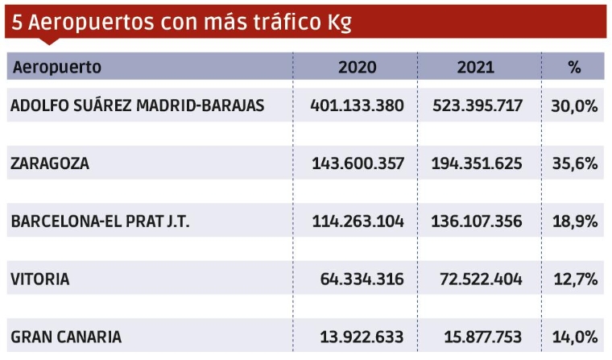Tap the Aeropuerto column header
pyautogui.click(x=57, y=67)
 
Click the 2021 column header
pyautogui.click(x=475, y=67)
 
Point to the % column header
pyautogui.click(x=574, y=67)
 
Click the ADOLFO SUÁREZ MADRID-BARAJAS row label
pyautogui.click(x=138, y=106)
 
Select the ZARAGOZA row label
pyautogui.click(x=50, y=163)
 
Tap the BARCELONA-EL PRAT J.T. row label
pyautogui.click(x=100, y=221)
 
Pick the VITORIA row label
pyautogui.click(x=40, y=279)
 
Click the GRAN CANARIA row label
pyautogui.click(x=66, y=337)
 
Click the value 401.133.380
pyautogui.click(x=358, y=106)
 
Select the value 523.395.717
pyautogui.click(x=478, y=106)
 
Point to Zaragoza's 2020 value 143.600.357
pyautogui.click(x=358, y=163)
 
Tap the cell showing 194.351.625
pyautogui.click(x=478, y=163)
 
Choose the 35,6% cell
pyautogui.click(x=574, y=163)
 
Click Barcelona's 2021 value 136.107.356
pyautogui.click(x=478, y=221)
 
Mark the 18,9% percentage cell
pyautogui.click(x=574, y=221)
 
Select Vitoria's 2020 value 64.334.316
pyautogui.click(x=362, y=279)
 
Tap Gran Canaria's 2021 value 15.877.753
pyautogui.click(x=482, y=337)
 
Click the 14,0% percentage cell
pyautogui.click(x=574, y=337)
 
